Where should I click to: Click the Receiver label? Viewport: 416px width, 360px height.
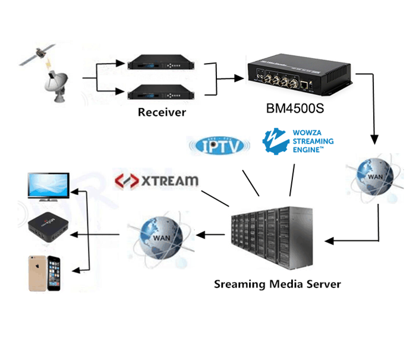pos(162,112)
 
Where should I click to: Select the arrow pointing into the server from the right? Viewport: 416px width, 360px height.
pos(351,241)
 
